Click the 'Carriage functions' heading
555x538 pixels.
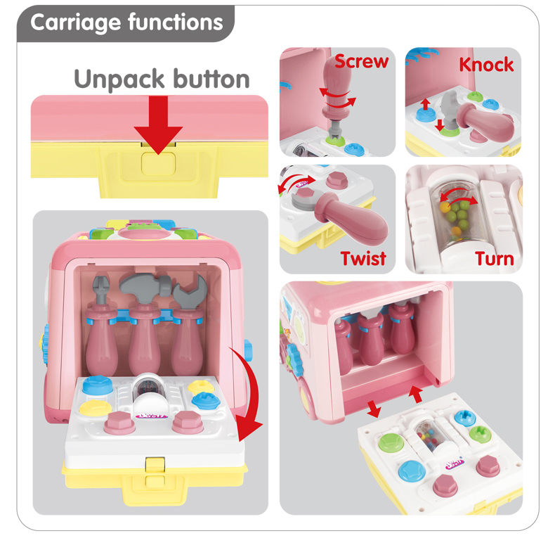126,23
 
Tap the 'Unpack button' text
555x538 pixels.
162,78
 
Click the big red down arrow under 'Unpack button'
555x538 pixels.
159,127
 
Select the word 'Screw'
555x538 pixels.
361,61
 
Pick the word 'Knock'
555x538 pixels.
486,65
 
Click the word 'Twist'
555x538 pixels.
363,258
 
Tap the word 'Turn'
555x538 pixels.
494,259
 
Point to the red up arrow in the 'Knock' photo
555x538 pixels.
424,105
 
